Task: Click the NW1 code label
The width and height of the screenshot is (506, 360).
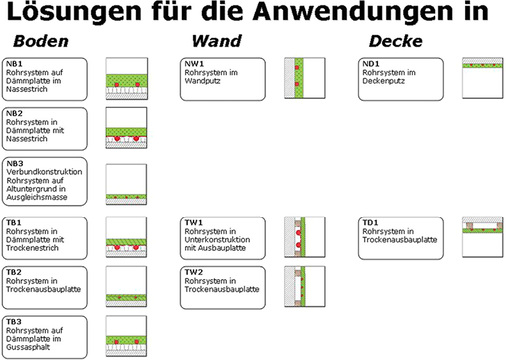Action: pyautogui.click(x=194, y=65)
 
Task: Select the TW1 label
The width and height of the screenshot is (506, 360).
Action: pyautogui.click(x=194, y=224)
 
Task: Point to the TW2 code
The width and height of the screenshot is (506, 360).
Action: pyautogui.click(x=194, y=273)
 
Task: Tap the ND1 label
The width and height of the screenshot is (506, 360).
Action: pyautogui.click(x=370, y=65)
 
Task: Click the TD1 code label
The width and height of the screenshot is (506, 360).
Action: pyautogui.click(x=370, y=224)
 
